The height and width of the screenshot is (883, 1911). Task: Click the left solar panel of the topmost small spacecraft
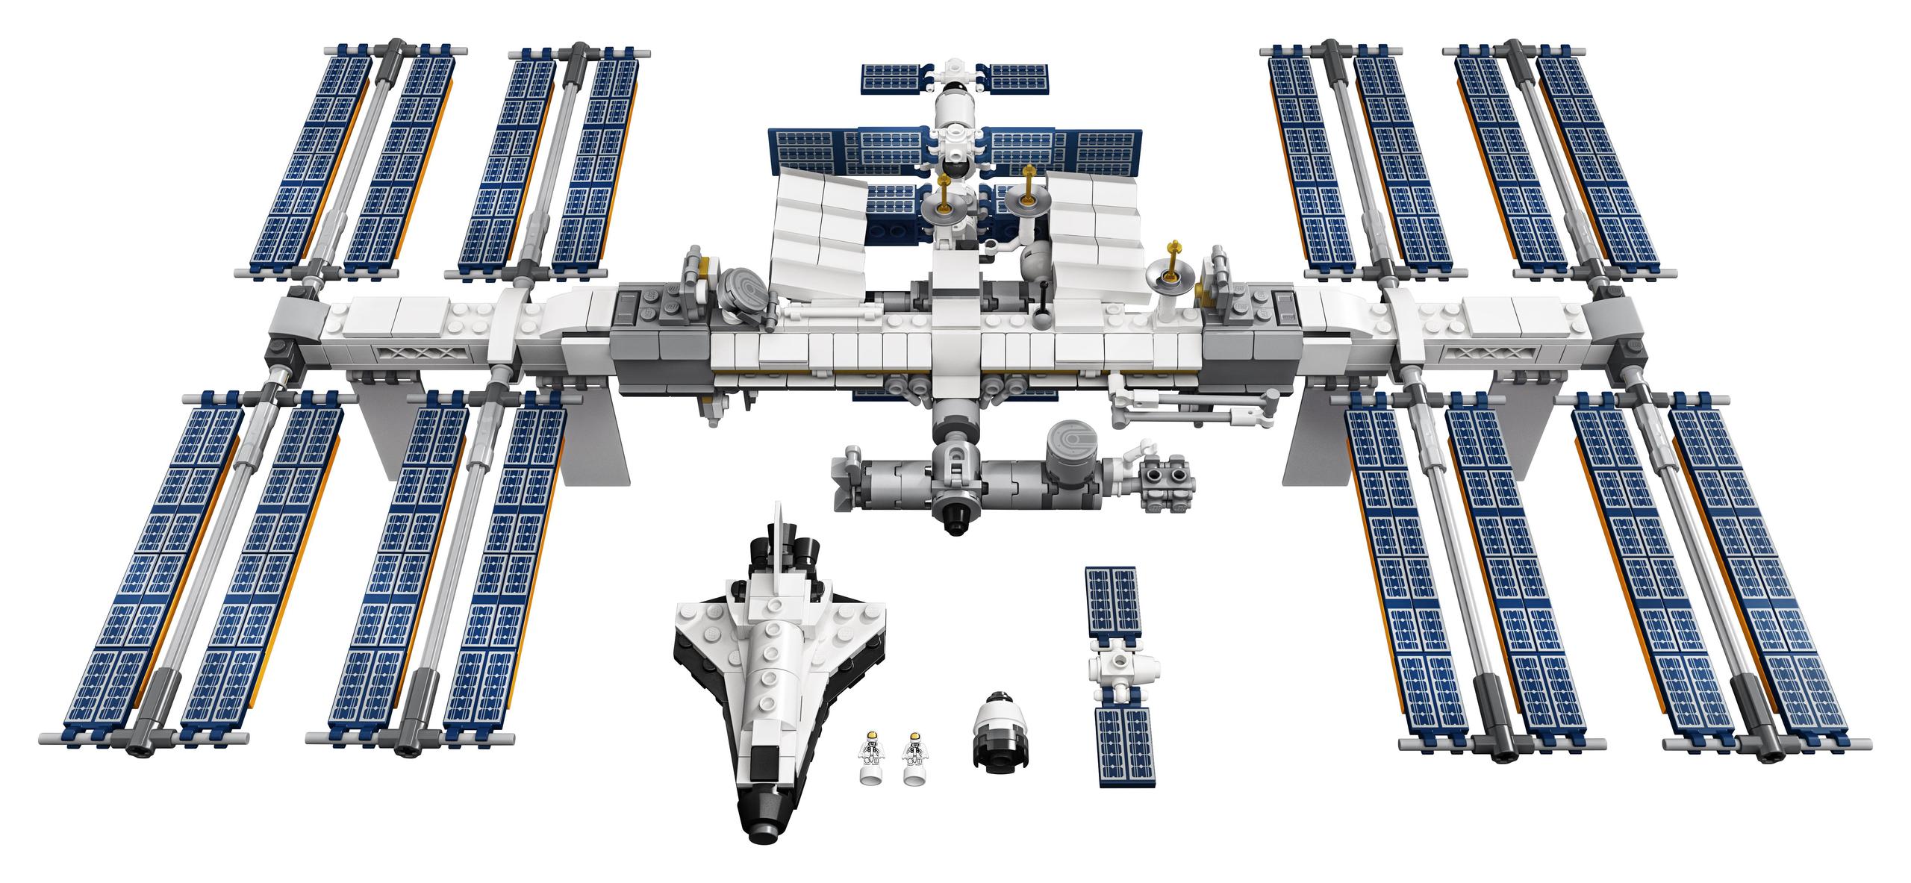click(x=895, y=76)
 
